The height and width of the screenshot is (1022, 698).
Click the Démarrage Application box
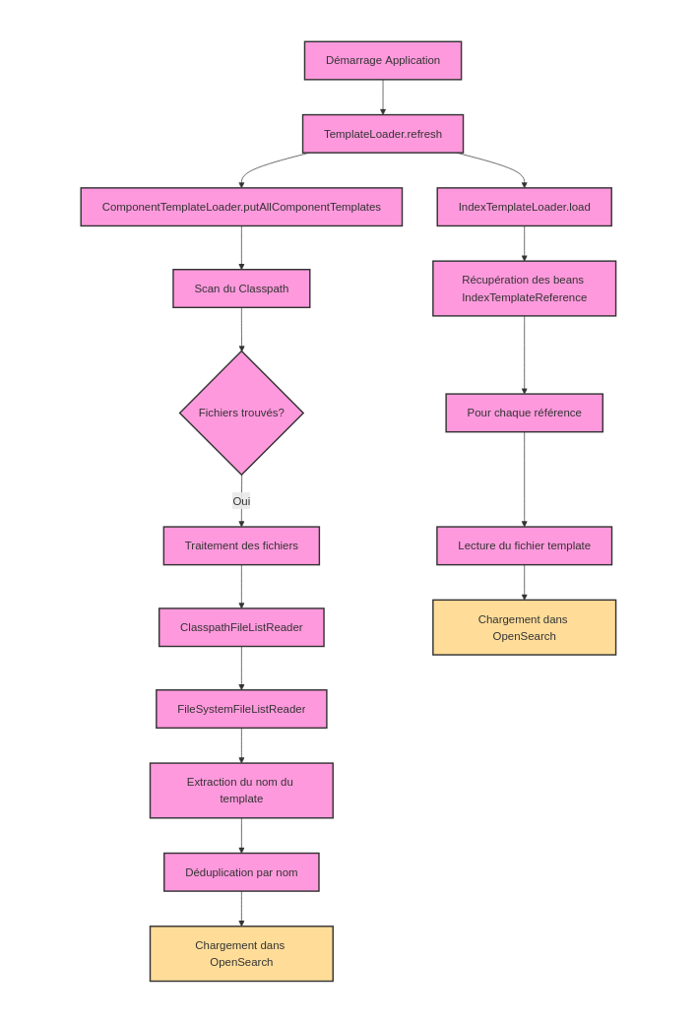382,60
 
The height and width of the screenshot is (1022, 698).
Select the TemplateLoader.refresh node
382,134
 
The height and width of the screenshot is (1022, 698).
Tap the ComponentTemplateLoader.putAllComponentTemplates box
241,207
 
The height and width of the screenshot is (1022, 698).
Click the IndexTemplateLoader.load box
524,207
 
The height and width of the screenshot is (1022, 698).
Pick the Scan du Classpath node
241,288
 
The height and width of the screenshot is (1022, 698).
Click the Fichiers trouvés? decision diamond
241,413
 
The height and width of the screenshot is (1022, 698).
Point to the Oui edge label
241,501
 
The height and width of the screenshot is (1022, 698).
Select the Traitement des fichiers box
241,545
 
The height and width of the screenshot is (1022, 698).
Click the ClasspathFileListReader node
241,627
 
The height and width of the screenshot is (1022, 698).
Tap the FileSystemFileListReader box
241,709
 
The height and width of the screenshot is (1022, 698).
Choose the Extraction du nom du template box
241,790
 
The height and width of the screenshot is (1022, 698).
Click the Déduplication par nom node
241,872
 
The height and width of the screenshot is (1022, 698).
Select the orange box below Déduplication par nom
241,953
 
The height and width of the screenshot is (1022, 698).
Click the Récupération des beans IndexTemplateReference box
524,288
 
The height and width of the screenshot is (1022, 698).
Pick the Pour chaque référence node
524,413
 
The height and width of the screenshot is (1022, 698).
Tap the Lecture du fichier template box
524,545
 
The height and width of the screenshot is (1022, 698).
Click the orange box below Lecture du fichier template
524,627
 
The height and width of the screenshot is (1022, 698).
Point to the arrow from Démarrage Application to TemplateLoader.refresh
383,96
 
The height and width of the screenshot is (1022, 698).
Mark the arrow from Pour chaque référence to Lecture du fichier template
524,479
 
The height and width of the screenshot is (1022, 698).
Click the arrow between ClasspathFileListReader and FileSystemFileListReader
241,668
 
